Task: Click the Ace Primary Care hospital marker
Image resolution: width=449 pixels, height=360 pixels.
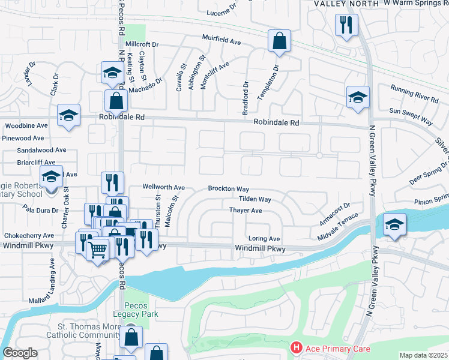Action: [296, 348]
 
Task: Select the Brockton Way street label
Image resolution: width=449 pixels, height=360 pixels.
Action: [228, 188]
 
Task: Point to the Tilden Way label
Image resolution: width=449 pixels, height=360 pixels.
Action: [255, 199]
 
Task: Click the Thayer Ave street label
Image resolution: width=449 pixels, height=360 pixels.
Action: [246, 211]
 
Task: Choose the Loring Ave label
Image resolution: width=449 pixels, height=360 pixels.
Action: [264, 238]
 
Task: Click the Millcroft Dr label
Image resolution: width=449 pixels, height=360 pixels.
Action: [142, 44]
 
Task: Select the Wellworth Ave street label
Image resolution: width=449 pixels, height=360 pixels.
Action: [163, 187]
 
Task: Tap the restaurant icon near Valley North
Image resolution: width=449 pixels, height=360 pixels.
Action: [346, 25]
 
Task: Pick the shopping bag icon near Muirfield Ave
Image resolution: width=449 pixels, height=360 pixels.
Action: [279, 41]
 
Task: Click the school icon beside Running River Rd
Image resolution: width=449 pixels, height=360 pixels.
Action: [357, 97]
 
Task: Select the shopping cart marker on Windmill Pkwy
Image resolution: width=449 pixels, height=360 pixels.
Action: [98, 248]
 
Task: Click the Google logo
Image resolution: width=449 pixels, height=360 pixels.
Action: [20, 353]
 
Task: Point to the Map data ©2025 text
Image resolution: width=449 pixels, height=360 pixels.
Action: [423, 355]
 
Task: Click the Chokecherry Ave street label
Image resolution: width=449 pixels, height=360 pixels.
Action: [28, 236]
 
